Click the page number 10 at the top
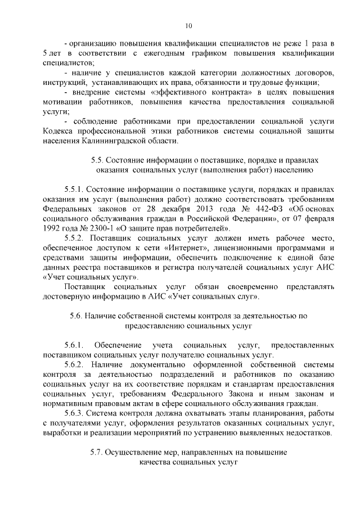pos(188,25)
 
